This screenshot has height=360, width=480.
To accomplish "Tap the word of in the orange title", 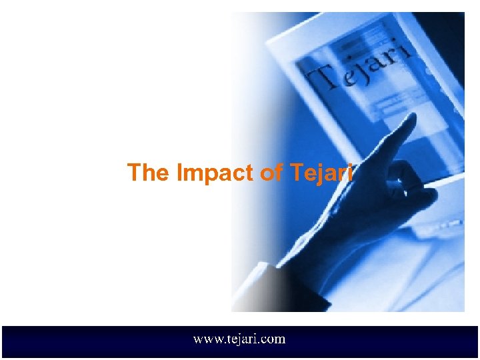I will point(271,173).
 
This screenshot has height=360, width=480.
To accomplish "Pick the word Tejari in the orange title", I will point(321,173).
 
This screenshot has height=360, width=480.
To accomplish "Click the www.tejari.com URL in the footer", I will point(239,339).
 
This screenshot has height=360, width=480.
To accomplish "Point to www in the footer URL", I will point(205,340).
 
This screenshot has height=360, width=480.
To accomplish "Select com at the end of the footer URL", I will point(274,340).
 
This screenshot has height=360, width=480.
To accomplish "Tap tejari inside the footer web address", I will point(239,339).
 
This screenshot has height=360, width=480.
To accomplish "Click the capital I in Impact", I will point(179,173).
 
